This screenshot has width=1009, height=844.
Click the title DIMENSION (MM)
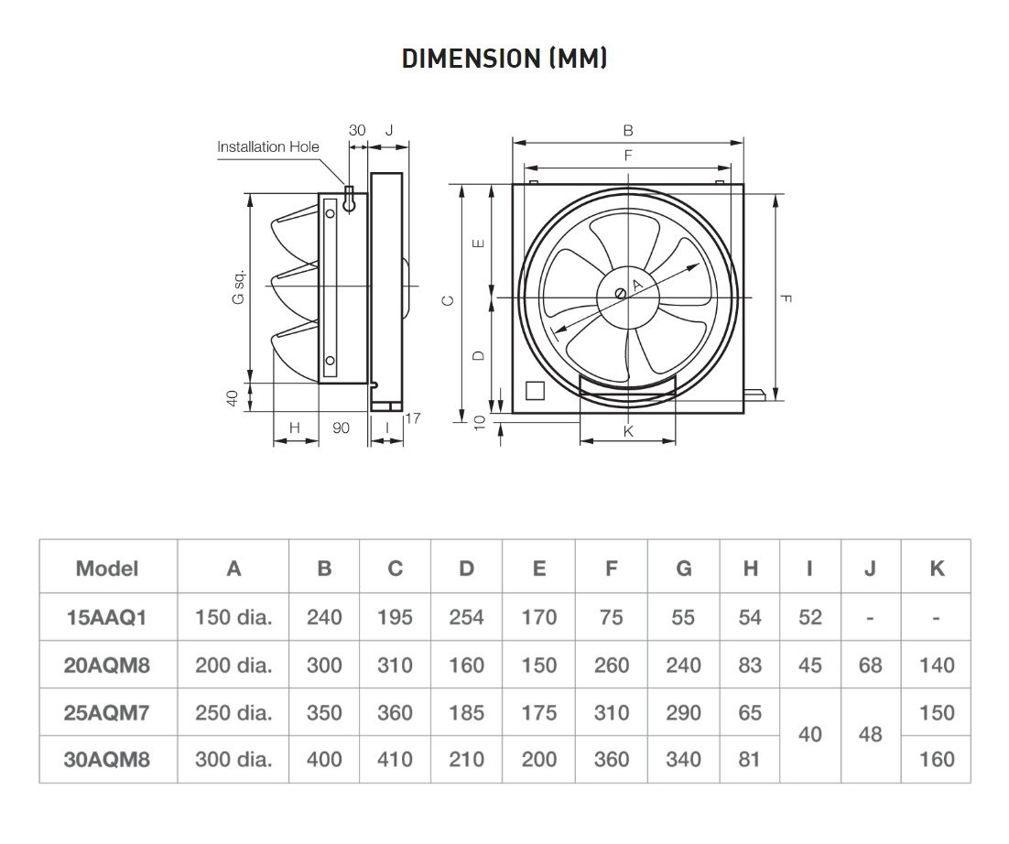coord(504,59)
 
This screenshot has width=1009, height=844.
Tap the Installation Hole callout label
coord(268,146)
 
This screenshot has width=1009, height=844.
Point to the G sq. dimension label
coord(238,287)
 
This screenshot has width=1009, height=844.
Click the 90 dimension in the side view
coord(341,427)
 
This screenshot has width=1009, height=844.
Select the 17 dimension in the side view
coord(412,418)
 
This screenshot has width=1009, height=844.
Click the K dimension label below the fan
coord(628,431)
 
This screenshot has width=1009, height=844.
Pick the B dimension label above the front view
coord(628,131)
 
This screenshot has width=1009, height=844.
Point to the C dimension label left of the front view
coord(447,300)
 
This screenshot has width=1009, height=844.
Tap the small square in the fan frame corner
coord(535,390)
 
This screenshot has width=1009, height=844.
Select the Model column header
coord(107,568)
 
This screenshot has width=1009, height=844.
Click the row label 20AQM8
coord(107,665)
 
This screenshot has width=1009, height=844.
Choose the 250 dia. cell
coord(233,712)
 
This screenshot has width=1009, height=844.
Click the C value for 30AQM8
coord(395,759)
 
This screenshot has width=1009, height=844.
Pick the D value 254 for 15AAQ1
coord(467,617)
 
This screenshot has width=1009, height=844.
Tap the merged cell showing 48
coord(870,735)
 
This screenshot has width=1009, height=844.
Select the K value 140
coord(937,665)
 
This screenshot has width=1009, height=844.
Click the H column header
coord(750,568)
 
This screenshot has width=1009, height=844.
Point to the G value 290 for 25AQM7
coord(684,712)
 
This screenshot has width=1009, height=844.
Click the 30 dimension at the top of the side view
coord(357,130)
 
